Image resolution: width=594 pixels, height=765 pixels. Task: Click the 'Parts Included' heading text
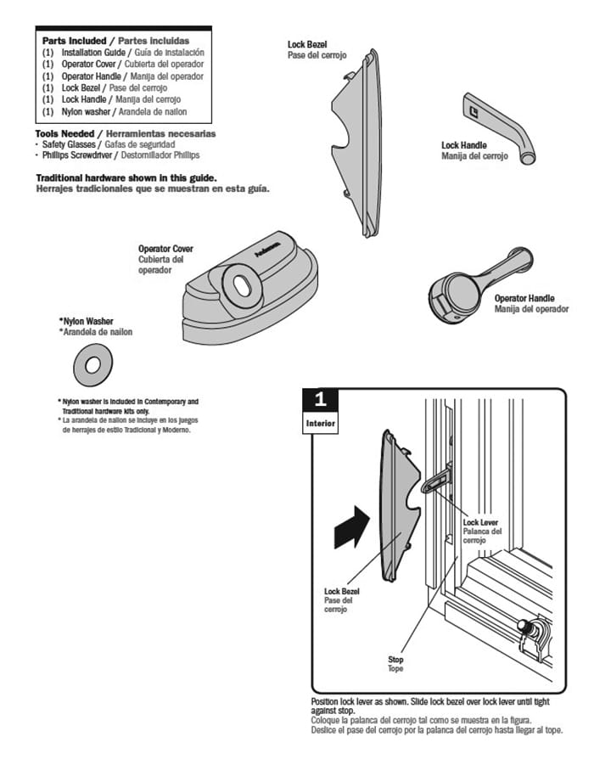click(x=75, y=41)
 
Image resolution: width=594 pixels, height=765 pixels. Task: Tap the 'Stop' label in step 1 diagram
click(x=395, y=659)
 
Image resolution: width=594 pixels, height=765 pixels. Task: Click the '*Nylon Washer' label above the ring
click(x=87, y=322)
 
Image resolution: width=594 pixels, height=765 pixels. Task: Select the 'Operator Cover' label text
click(x=165, y=249)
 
